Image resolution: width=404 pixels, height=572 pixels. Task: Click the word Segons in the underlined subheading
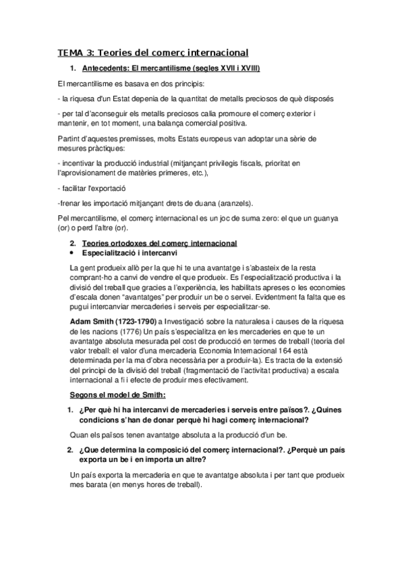click(x=86, y=394)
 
